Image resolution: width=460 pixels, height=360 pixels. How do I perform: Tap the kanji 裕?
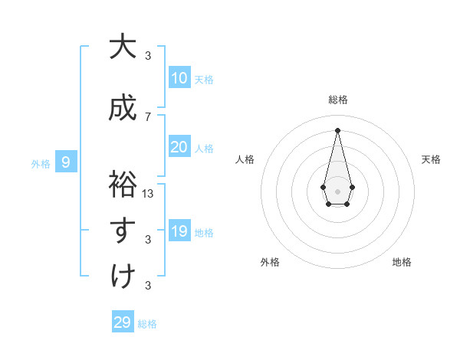click(122, 185)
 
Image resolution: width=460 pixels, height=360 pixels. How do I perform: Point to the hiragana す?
click(122, 230)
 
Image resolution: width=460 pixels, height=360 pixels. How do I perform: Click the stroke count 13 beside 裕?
click(148, 194)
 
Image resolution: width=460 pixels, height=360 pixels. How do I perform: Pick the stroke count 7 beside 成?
click(148, 117)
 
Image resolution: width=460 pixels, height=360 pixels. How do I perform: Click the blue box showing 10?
click(179, 78)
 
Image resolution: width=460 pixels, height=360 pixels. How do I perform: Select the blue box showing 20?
click(179, 147)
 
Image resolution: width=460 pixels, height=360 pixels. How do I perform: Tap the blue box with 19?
click(179, 231)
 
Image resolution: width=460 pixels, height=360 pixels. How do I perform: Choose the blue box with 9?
click(67, 162)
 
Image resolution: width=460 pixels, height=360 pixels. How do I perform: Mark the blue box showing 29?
click(123, 322)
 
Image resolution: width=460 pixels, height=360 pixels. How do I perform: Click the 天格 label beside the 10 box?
click(204, 79)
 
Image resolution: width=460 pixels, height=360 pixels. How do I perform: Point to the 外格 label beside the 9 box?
click(41, 163)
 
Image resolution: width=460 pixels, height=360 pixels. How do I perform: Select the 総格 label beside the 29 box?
click(147, 324)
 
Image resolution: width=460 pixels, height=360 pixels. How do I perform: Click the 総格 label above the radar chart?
click(337, 100)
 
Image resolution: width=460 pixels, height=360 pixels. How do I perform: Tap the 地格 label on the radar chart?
click(402, 262)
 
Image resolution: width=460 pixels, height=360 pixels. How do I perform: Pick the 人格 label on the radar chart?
click(245, 159)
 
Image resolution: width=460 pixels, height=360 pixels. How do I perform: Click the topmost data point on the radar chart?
click(337, 129)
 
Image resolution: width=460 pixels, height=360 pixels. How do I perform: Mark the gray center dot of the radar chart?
click(337, 190)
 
